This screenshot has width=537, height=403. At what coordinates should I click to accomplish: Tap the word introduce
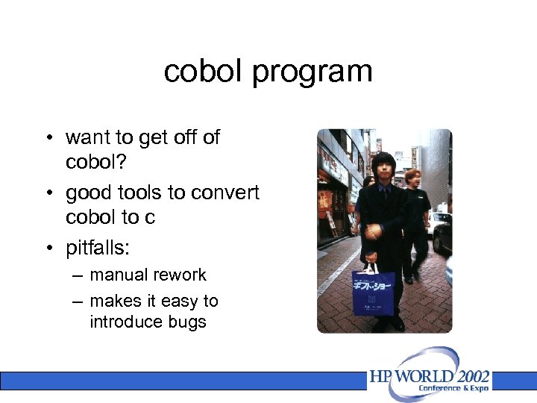(125, 322)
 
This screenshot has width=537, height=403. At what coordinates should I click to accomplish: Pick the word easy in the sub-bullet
(178, 301)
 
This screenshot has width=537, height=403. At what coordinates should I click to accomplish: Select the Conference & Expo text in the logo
(453, 388)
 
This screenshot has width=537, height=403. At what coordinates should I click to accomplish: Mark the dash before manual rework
(78, 275)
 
